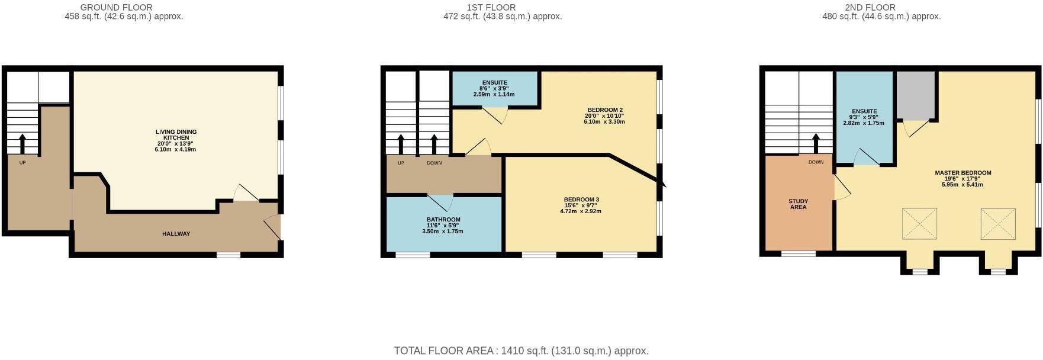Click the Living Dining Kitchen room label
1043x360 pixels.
[x=176, y=135]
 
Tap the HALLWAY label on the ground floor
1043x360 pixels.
[x=176, y=234]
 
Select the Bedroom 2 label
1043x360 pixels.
[x=604, y=110]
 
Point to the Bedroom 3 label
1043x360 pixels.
[x=581, y=200]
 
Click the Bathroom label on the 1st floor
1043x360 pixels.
[x=443, y=220]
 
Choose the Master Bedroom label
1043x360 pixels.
[x=962, y=173]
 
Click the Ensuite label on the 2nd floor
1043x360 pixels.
[x=864, y=111]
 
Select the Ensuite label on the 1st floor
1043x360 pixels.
[x=494, y=83]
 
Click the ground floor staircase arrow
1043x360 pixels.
[x=22, y=143]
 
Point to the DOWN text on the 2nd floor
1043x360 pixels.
[x=816, y=162]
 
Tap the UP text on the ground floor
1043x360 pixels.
[x=22, y=163]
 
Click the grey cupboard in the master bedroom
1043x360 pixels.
[x=915, y=95]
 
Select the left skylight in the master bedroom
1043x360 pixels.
[x=919, y=223]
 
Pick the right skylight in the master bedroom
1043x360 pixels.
[x=998, y=223]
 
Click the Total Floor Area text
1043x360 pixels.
[x=521, y=351]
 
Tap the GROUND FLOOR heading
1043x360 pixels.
[x=116, y=7]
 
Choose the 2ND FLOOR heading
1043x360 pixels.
[x=870, y=7]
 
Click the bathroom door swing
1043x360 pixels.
[x=443, y=202]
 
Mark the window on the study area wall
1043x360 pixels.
[x=798, y=254]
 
